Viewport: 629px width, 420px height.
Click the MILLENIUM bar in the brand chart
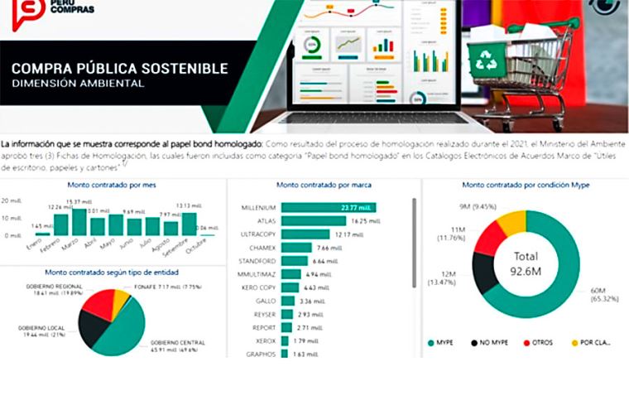329,207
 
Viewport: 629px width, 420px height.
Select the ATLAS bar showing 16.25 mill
314,221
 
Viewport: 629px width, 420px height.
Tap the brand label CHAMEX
264,248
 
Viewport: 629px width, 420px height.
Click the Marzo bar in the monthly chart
79,222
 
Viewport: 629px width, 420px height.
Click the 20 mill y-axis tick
11,201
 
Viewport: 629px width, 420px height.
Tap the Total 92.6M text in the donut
526,263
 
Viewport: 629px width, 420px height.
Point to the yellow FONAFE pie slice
122,301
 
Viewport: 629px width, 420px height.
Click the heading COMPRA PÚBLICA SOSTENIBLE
119,68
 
